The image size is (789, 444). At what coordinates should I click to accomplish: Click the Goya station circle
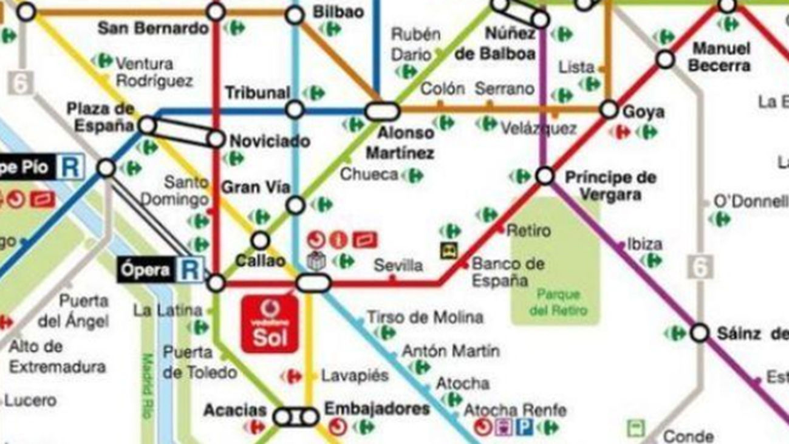(x=609, y=110)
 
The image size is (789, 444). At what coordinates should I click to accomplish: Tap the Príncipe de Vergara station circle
(x=545, y=176)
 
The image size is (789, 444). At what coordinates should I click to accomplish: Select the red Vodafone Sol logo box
(x=270, y=324)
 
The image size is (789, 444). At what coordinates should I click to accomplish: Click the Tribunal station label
(x=258, y=93)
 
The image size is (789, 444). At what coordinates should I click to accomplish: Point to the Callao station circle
(x=261, y=241)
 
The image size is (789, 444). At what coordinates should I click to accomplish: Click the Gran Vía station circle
(x=295, y=205)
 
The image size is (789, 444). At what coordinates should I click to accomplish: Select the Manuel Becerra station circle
(x=666, y=60)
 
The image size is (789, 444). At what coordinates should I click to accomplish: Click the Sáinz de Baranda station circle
(x=700, y=333)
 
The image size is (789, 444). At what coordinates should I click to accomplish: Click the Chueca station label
(x=369, y=175)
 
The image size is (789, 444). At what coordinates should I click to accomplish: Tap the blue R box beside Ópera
(x=191, y=270)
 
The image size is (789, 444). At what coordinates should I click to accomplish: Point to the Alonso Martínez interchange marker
(x=382, y=112)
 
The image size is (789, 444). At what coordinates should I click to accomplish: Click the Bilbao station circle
(x=295, y=15)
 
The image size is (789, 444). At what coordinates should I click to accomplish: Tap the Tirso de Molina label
(x=425, y=317)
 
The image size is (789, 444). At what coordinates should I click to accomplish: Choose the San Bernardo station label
(x=153, y=28)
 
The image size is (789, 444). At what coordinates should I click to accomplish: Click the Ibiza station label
(x=644, y=244)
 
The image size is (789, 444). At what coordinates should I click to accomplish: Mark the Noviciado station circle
(x=216, y=139)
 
